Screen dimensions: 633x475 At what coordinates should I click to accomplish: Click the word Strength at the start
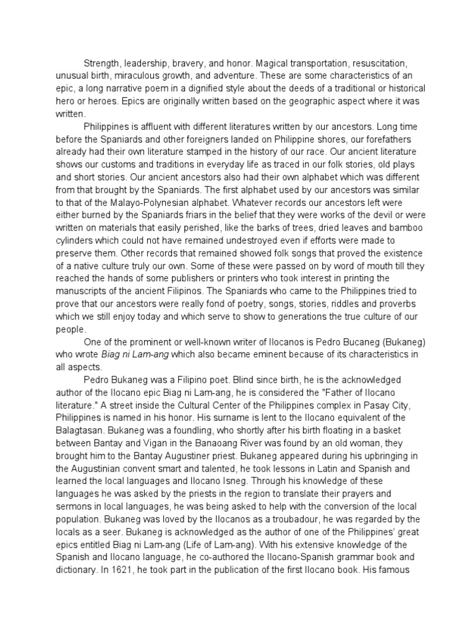101,64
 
